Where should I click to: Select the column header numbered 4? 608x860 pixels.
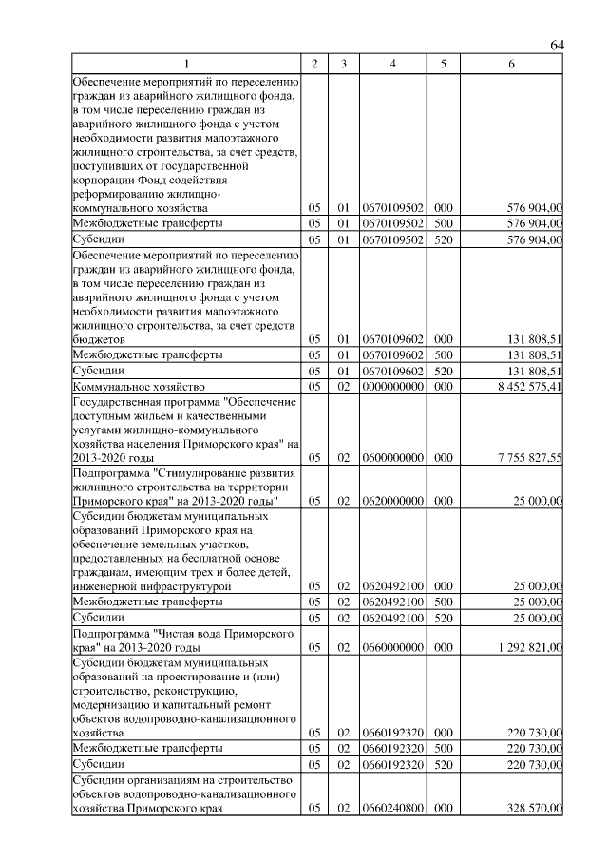click(x=392, y=64)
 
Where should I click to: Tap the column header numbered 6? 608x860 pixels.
click(x=511, y=64)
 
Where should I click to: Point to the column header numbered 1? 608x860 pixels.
click(x=185, y=64)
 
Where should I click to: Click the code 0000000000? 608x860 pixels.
click(x=392, y=387)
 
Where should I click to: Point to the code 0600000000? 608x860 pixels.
click(x=392, y=457)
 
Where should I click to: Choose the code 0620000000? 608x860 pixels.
click(x=392, y=500)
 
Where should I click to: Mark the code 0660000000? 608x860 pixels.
click(x=392, y=646)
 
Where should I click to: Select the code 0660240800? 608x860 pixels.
click(x=392, y=808)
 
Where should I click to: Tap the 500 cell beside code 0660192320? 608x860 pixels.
click(x=442, y=749)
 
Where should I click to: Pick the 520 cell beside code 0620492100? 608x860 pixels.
click(x=442, y=617)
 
